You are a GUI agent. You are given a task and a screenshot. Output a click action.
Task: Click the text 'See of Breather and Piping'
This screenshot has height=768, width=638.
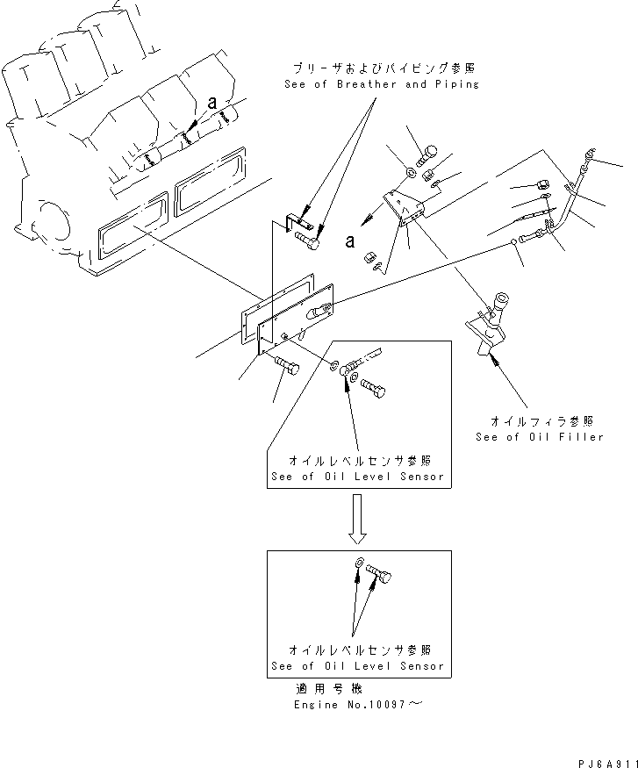[382, 84]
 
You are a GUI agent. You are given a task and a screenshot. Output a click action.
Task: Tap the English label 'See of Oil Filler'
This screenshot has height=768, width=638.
[540, 436]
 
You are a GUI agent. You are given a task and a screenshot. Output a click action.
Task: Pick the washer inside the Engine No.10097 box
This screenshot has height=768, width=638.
[359, 564]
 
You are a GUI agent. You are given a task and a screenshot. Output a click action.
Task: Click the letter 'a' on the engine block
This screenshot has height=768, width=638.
[211, 104]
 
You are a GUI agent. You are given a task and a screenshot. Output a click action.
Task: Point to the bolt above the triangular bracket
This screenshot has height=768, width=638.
[427, 155]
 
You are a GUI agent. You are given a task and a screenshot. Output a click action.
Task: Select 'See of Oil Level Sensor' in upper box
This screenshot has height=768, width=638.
[358, 477]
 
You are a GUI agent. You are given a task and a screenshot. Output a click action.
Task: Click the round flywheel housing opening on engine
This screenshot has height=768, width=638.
[52, 219]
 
